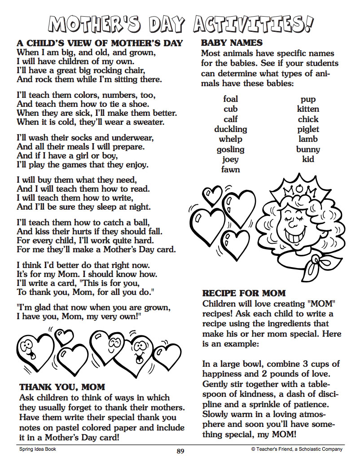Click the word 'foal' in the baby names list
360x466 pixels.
pos(230,99)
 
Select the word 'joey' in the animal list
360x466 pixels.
pos(230,159)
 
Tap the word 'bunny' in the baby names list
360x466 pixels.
pos(308,149)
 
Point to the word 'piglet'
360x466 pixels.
pos(308,129)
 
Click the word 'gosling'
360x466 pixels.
pos(230,149)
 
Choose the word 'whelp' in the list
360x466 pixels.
pos(230,139)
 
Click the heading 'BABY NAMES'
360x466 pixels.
pos(232,43)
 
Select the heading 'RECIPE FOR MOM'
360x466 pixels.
pos(244,294)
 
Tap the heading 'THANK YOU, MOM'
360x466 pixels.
pos(62,387)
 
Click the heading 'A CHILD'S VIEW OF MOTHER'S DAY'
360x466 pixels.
pos(100,43)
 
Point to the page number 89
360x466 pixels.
pos(180,451)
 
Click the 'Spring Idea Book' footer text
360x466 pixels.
pos(37,449)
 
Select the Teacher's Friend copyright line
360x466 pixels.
pos(297,449)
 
